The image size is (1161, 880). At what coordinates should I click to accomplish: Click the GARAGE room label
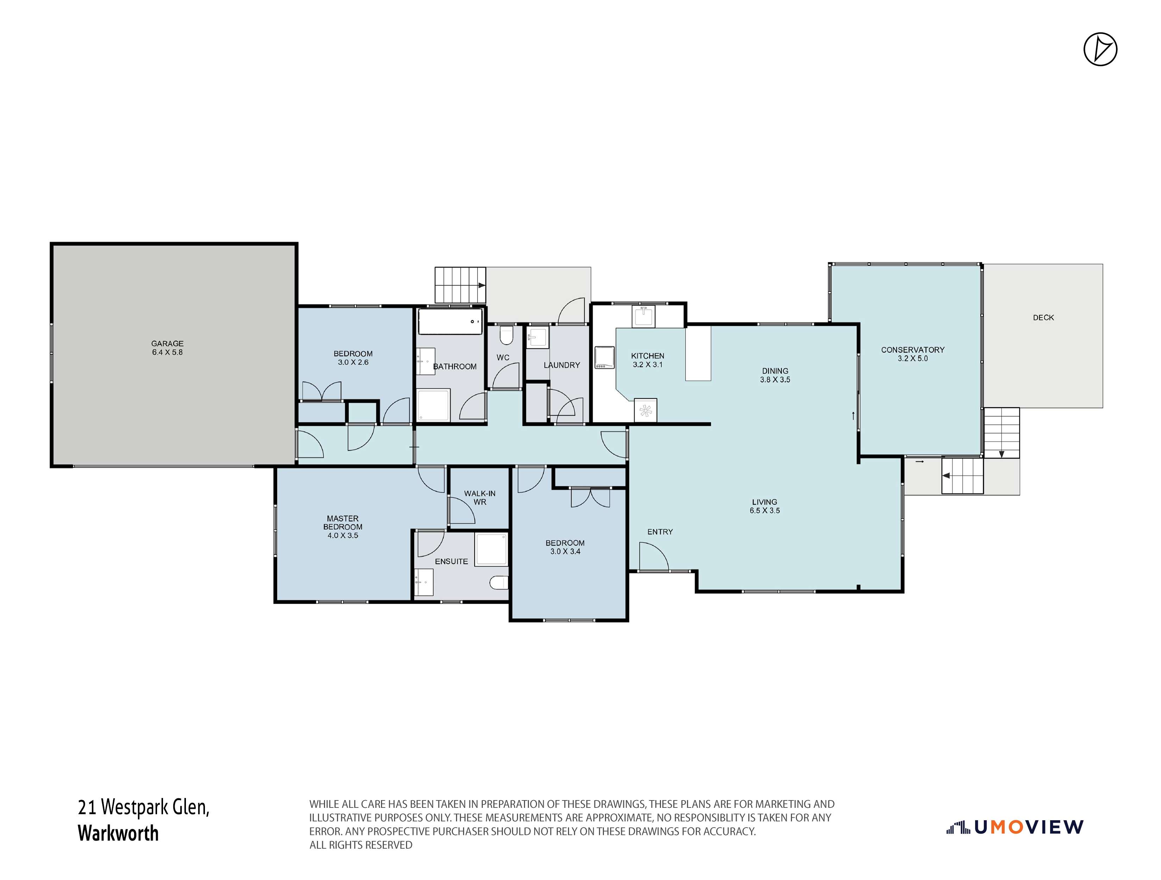pyautogui.click(x=167, y=344)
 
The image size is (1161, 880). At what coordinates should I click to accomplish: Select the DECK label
pyautogui.click(x=1043, y=318)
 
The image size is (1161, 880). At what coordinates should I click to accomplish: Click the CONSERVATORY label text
pyautogui.click(x=913, y=350)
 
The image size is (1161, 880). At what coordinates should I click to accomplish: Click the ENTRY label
pyautogui.click(x=660, y=532)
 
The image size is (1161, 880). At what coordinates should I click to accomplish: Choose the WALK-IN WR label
pyautogui.click(x=480, y=497)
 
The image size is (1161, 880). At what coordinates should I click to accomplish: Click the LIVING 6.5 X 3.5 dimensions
pyautogui.click(x=765, y=510)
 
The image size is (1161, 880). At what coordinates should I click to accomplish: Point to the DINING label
pyautogui.click(x=775, y=370)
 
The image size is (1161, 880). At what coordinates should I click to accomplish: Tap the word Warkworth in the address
pyautogui.click(x=118, y=833)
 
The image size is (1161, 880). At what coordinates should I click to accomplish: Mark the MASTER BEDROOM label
pyautogui.click(x=343, y=523)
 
